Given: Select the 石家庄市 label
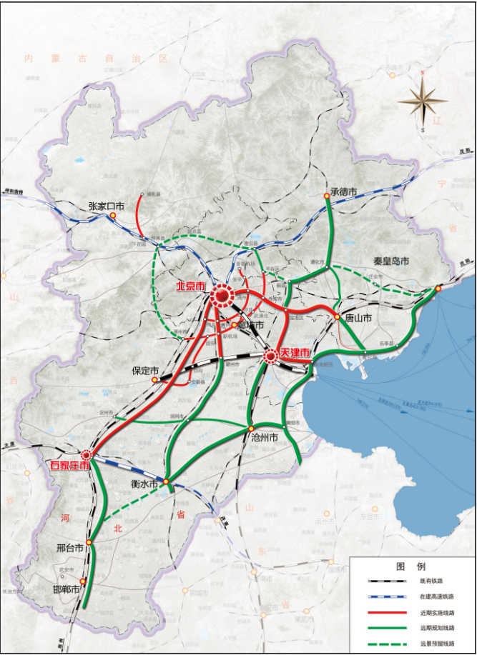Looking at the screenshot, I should pos(69,466).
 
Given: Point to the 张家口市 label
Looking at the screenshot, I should pos(106,206).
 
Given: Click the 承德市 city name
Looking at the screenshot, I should pos(343,191).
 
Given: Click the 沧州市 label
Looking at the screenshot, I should pos(264,436).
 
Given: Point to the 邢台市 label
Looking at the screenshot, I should pos(72,550).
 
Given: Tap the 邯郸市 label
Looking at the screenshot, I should pos(65,589).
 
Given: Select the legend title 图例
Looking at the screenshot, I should pos(411,566).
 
